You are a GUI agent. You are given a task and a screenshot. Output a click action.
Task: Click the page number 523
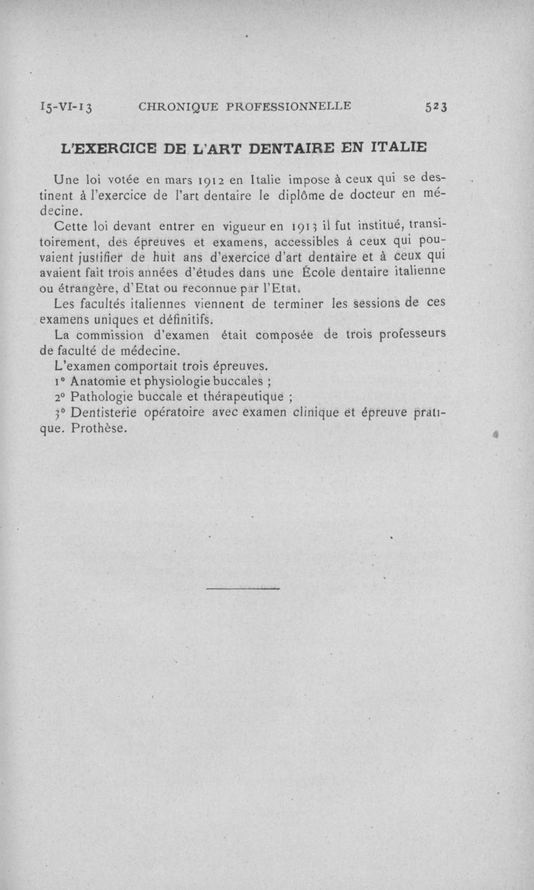click(435, 107)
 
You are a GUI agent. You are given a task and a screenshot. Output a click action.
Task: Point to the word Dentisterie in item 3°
click(103, 413)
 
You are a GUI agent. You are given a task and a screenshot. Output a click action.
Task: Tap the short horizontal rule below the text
click(242, 588)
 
